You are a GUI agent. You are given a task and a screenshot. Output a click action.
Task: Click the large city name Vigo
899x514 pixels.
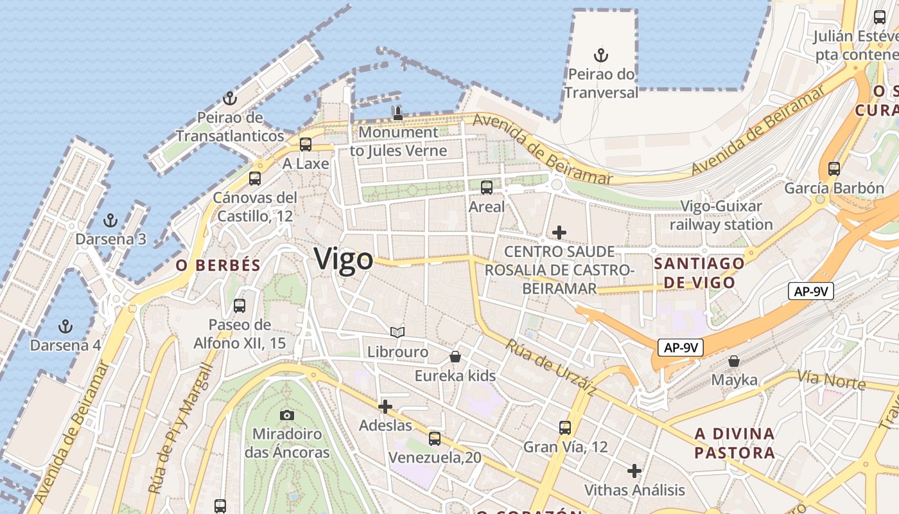tap(344, 260)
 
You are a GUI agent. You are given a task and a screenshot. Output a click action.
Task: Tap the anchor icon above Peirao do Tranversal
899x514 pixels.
tap(601, 55)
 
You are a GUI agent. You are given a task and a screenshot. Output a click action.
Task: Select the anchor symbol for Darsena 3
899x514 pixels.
tap(111, 221)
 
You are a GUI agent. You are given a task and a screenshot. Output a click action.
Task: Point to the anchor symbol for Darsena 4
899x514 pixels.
tap(65, 326)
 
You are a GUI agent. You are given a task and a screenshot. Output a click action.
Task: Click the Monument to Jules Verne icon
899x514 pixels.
tap(398, 114)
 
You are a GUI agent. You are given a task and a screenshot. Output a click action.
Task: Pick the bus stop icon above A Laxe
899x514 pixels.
tap(306, 145)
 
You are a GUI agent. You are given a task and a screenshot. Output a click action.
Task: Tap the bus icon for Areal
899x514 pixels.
tap(487, 188)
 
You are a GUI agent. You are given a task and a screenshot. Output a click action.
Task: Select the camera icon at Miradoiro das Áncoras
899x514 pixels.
tap(287, 415)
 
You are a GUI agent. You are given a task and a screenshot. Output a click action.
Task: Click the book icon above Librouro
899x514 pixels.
tap(397, 332)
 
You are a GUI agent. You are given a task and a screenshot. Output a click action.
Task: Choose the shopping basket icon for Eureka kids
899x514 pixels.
tap(455, 356)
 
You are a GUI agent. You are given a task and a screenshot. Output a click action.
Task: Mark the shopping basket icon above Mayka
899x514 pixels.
tap(734, 361)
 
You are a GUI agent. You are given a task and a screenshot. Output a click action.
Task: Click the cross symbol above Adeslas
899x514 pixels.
tap(385, 406)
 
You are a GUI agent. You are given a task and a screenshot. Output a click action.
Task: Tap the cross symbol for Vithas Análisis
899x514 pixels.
tap(634, 471)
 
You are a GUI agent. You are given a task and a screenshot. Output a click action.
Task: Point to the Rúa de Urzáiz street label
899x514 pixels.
tap(552, 367)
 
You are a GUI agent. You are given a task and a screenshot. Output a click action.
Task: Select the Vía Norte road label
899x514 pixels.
tap(832, 380)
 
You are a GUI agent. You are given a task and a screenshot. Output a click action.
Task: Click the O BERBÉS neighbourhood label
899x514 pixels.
tap(218, 265)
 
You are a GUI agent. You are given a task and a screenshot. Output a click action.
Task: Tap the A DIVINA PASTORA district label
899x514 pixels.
tap(735, 443)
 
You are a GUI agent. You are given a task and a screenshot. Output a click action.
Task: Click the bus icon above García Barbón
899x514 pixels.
tap(834, 169)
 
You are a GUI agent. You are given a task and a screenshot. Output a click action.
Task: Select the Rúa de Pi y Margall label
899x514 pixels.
tap(180, 429)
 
